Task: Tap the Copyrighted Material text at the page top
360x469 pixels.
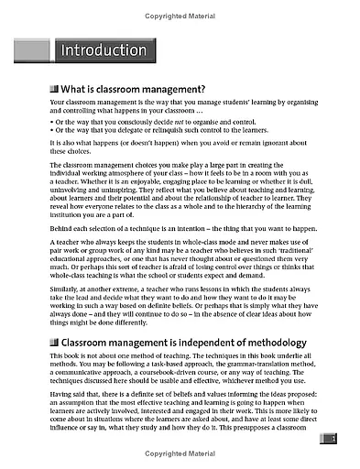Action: (180, 6)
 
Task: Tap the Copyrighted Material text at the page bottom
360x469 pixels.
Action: (180, 462)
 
